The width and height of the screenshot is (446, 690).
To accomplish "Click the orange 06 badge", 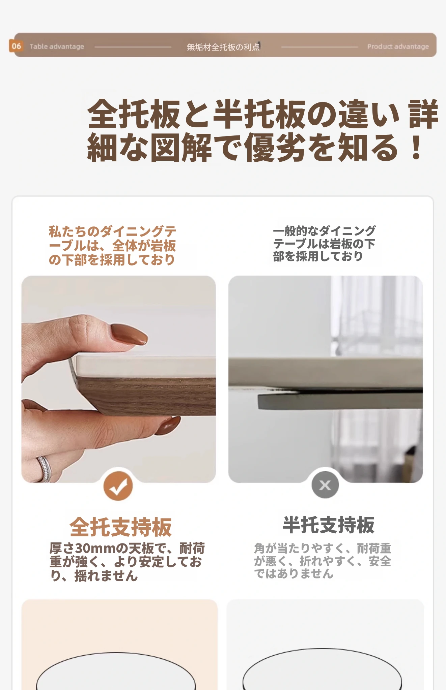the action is tap(16, 46).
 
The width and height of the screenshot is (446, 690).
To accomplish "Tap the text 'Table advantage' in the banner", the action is tap(57, 46).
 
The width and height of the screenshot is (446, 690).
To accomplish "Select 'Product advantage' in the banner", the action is tap(398, 46).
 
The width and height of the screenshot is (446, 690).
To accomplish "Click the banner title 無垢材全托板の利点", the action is tap(223, 47).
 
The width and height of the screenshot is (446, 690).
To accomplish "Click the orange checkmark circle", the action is tap(118, 485).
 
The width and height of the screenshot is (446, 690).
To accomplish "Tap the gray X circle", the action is tap(325, 485).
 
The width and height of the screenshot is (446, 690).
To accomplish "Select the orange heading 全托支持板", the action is tap(121, 527).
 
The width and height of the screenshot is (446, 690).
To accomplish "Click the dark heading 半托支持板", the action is tap(328, 525).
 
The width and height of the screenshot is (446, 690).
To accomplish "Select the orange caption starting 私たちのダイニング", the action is tap(112, 246).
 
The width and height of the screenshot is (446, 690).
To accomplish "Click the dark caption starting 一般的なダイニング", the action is tap(324, 244).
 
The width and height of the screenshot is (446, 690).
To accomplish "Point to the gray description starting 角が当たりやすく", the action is tap(323, 561).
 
